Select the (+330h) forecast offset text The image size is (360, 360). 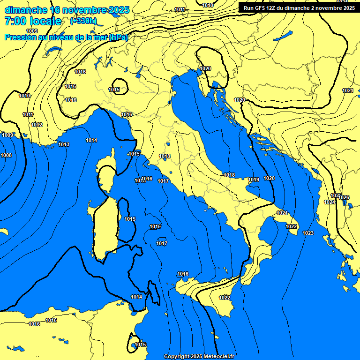(x=83, y=21)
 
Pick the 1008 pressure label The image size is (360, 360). (x=6, y=155)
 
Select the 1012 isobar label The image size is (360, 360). (x=37, y=125)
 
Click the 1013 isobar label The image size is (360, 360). (x=64, y=144)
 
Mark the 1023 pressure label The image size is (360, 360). (x=308, y=233)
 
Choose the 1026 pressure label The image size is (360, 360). (x=344, y=197)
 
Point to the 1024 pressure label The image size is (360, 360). (x=330, y=202)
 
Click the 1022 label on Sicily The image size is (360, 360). (x=225, y=298)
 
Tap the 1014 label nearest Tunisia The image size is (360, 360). (x=136, y=297)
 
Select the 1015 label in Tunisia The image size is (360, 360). (x=141, y=345)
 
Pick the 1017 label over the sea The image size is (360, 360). (x=162, y=243)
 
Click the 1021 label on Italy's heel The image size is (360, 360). (x=282, y=213)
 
